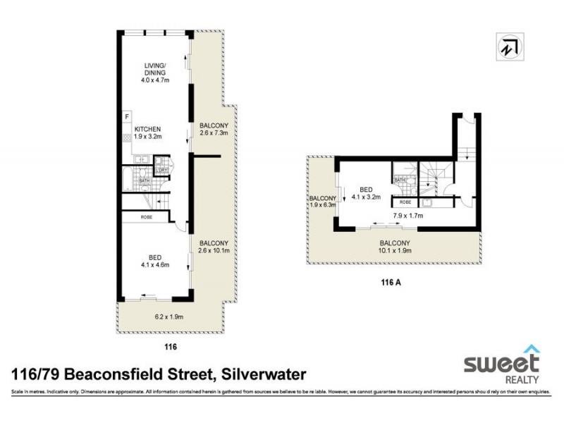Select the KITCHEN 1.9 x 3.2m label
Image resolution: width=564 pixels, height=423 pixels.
(148, 133)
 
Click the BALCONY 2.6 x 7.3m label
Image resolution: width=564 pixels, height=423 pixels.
(213, 129)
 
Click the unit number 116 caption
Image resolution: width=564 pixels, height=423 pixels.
(169, 346)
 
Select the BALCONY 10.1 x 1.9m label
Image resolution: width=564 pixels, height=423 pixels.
(395, 247)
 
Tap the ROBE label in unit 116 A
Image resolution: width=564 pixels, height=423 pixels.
(405, 202)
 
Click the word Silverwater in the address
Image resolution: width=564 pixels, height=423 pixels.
(263, 374)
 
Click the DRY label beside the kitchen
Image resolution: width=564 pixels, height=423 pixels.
(163, 170)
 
